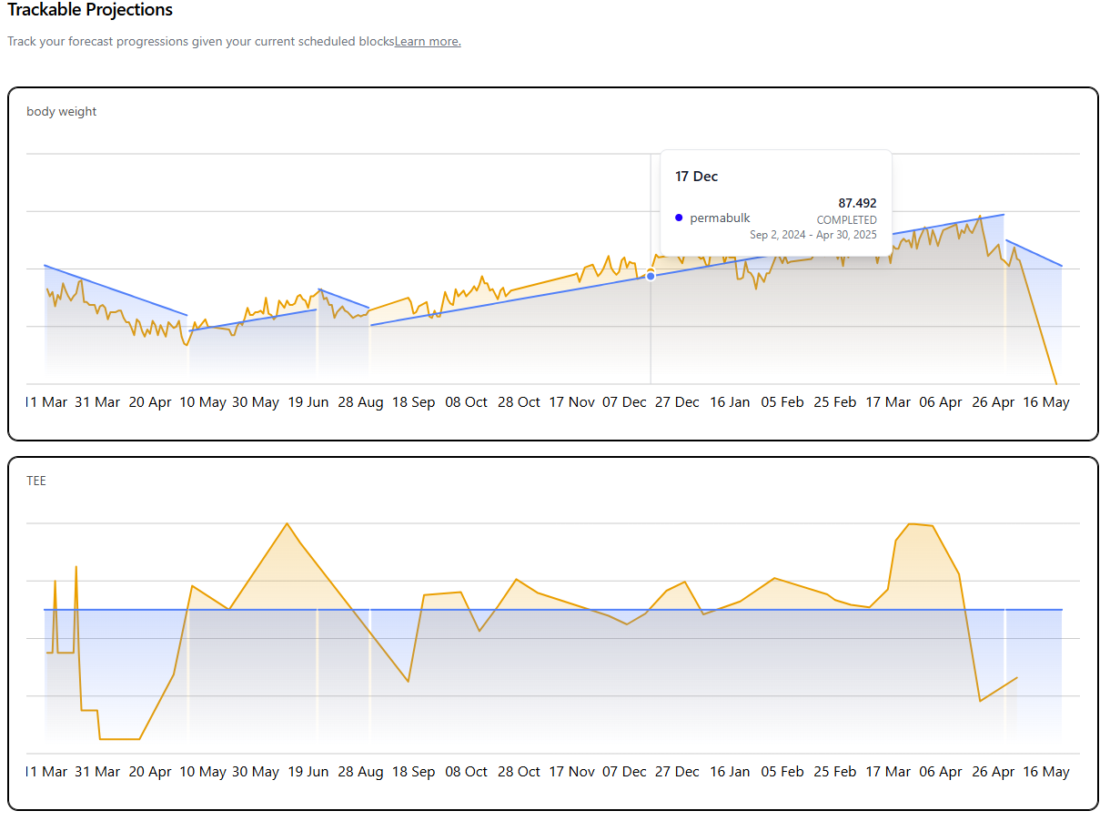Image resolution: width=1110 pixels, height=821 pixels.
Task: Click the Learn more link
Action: pyautogui.click(x=428, y=41)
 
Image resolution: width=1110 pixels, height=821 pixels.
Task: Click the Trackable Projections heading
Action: pyautogui.click(x=90, y=11)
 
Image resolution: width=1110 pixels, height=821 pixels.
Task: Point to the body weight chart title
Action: pyautogui.click(x=62, y=111)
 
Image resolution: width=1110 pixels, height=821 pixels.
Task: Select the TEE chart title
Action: pyautogui.click(x=36, y=481)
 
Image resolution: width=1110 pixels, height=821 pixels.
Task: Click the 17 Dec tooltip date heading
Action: pyautogui.click(x=696, y=177)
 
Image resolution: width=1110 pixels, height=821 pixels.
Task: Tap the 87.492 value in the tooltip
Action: pyautogui.click(x=857, y=203)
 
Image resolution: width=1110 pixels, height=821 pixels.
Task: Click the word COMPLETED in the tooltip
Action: pyautogui.click(x=846, y=220)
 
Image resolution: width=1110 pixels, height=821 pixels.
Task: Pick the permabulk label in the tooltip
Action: pyautogui.click(x=720, y=218)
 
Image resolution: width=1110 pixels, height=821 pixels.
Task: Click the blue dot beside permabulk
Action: pyautogui.click(x=679, y=218)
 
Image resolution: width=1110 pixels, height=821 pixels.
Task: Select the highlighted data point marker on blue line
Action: pyautogui.click(x=651, y=275)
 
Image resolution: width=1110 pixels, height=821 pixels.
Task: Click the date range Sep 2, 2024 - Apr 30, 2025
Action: pyautogui.click(x=813, y=235)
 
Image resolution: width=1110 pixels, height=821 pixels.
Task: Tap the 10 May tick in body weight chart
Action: pyautogui.click(x=203, y=402)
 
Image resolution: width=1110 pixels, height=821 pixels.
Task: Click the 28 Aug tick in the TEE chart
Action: pyautogui.click(x=360, y=772)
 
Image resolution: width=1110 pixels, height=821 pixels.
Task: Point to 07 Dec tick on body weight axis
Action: pyautogui.click(x=624, y=402)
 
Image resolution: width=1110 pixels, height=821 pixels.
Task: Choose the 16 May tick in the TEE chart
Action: pyautogui.click(x=1046, y=772)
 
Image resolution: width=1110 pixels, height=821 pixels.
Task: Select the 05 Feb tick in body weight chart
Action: pyautogui.click(x=782, y=402)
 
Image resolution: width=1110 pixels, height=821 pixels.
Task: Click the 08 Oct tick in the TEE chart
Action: pyautogui.click(x=466, y=772)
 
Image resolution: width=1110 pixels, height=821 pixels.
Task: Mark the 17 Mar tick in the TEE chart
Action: pyautogui.click(x=887, y=772)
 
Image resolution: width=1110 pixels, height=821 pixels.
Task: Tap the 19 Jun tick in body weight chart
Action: pyautogui.click(x=308, y=402)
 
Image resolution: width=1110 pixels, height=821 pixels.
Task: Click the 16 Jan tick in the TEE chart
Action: pyautogui.click(x=730, y=772)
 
